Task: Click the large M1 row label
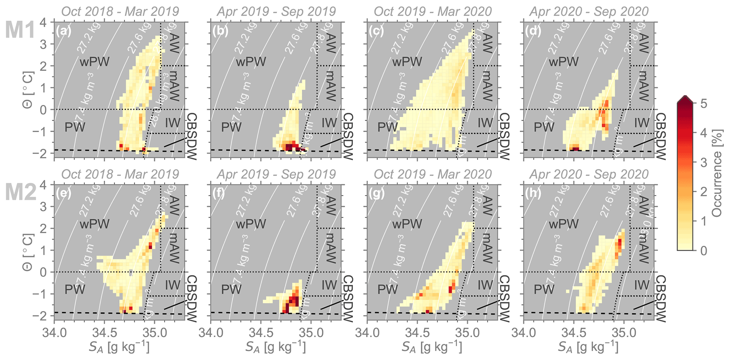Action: point(20,30)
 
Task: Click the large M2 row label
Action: point(20,193)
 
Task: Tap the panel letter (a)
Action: point(64,31)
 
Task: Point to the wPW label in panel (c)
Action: point(407,62)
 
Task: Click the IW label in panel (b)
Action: point(329,123)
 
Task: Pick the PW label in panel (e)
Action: point(75,290)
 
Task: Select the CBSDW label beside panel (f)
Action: point(348,299)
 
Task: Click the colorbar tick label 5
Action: point(704,104)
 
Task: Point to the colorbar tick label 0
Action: point(704,250)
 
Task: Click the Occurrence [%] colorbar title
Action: point(717,177)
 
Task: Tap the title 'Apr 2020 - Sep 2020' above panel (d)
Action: point(589,12)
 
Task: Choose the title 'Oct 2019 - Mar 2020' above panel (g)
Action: point(433,174)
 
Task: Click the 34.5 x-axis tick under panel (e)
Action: point(104,333)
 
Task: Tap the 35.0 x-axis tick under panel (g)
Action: point(468,333)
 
